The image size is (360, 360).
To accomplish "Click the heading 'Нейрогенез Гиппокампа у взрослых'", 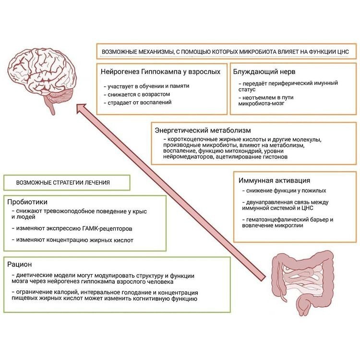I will [160, 72].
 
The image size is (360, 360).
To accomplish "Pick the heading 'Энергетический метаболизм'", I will [203, 130].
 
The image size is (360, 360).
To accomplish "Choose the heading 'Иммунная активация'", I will [274, 180].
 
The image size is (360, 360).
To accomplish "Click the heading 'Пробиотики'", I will [27, 202].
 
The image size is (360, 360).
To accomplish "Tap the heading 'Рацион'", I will [20, 264].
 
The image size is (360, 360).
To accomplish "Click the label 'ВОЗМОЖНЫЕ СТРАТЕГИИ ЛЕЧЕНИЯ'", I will [63, 182].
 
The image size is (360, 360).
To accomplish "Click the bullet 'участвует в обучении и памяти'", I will [148, 86].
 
